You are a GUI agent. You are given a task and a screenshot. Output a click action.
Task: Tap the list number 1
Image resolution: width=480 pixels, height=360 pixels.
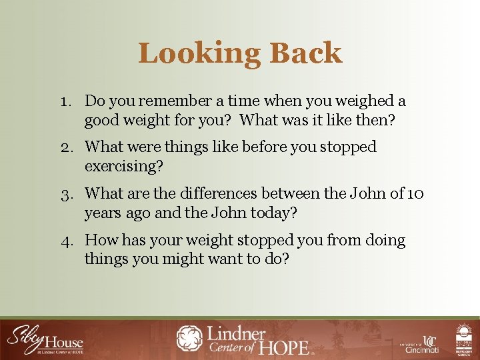[64, 101]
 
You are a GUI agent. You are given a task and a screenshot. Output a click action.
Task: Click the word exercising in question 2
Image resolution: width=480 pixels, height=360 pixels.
[123, 166]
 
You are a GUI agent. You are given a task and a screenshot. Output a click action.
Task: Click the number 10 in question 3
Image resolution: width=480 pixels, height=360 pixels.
[415, 194]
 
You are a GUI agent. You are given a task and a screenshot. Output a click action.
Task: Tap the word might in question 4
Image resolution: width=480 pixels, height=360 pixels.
[184, 259]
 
